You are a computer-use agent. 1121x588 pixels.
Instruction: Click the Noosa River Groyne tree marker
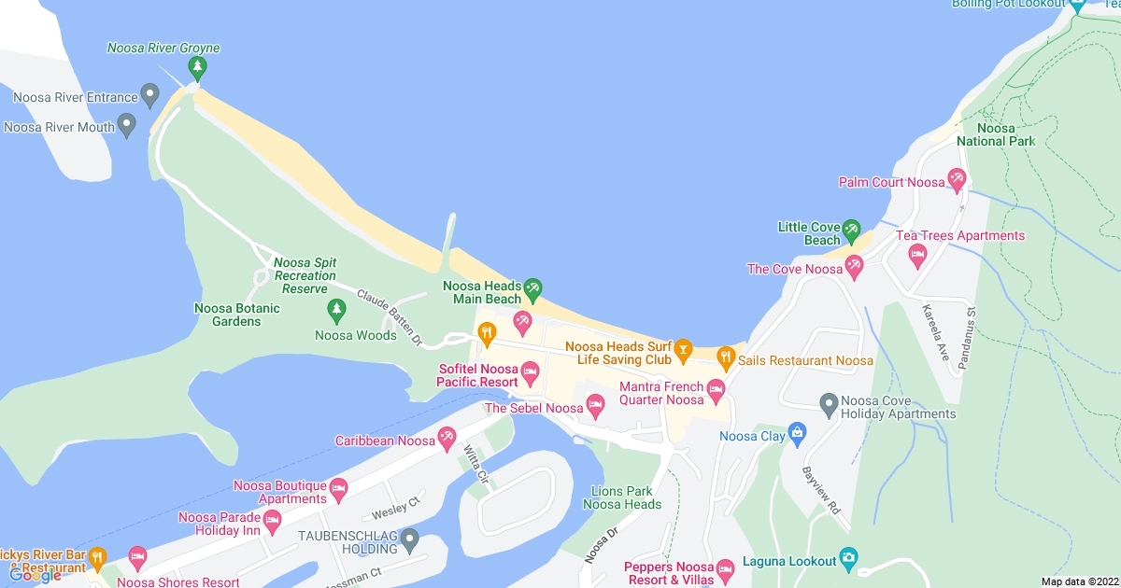click(x=196, y=67)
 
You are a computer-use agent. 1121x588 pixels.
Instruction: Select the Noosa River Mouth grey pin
click(x=127, y=124)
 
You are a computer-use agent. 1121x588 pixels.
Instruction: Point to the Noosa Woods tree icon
click(x=336, y=308)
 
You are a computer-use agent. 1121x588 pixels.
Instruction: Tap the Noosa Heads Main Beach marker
click(x=532, y=288)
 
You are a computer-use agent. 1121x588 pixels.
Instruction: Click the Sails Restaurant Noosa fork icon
click(x=725, y=356)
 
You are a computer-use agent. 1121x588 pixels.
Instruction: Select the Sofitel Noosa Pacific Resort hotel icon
click(x=530, y=374)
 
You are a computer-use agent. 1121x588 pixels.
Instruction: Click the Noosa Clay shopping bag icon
click(x=796, y=432)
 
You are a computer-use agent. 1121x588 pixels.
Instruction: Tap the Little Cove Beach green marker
click(x=851, y=230)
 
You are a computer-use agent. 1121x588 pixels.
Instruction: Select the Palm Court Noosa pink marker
click(x=957, y=177)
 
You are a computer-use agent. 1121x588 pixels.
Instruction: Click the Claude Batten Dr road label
click(x=390, y=315)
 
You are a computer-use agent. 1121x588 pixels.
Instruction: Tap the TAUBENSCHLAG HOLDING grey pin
click(x=408, y=539)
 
